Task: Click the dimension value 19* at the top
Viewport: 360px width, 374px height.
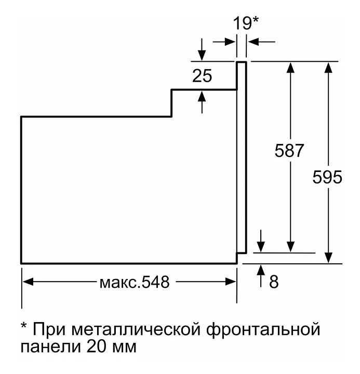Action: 246,23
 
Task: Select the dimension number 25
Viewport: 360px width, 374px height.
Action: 202,76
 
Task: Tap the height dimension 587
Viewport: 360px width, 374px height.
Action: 289,150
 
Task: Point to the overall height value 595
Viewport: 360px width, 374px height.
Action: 327,177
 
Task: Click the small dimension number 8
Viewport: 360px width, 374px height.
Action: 274,282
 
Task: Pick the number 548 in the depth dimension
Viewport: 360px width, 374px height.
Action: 155,282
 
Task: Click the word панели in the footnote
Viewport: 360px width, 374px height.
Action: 50,348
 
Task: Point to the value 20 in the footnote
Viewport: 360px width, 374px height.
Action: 96,346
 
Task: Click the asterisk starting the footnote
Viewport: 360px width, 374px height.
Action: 24,325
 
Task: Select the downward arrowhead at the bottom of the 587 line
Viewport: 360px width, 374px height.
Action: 290,247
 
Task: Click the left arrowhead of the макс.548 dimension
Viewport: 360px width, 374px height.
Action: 28,282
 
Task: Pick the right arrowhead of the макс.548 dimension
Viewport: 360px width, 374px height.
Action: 231,282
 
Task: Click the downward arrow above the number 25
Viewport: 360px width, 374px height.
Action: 202,50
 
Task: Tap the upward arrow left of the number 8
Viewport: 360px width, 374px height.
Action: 261,276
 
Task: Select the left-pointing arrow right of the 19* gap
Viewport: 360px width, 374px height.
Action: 262,42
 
